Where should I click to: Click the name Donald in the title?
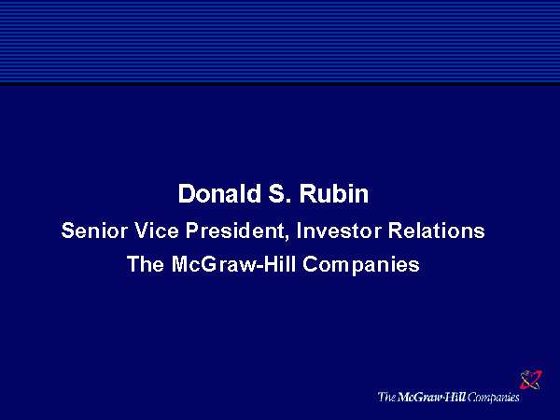(x=219, y=193)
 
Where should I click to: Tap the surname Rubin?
(x=334, y=193)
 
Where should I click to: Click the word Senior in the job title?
(x=94, y=231)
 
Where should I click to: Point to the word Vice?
(x=157, y=231)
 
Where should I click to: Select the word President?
(x=234, y=231)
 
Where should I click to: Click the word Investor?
(x=339, y=231)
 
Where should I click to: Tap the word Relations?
(x=437, y=231)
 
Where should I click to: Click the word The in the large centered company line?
(x=146, y=264)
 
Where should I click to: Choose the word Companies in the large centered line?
(x=361, y=265)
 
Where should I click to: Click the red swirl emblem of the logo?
(x=531, y=380)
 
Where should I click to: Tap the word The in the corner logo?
(x=386, y=397)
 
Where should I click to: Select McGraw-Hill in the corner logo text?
(x=431, y=397)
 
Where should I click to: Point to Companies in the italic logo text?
(x=493, y=398)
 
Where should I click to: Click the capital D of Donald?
(x=187, y=193)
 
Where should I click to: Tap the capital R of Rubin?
(x=308, y=193)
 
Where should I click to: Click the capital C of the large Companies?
(x=311, y=264)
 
